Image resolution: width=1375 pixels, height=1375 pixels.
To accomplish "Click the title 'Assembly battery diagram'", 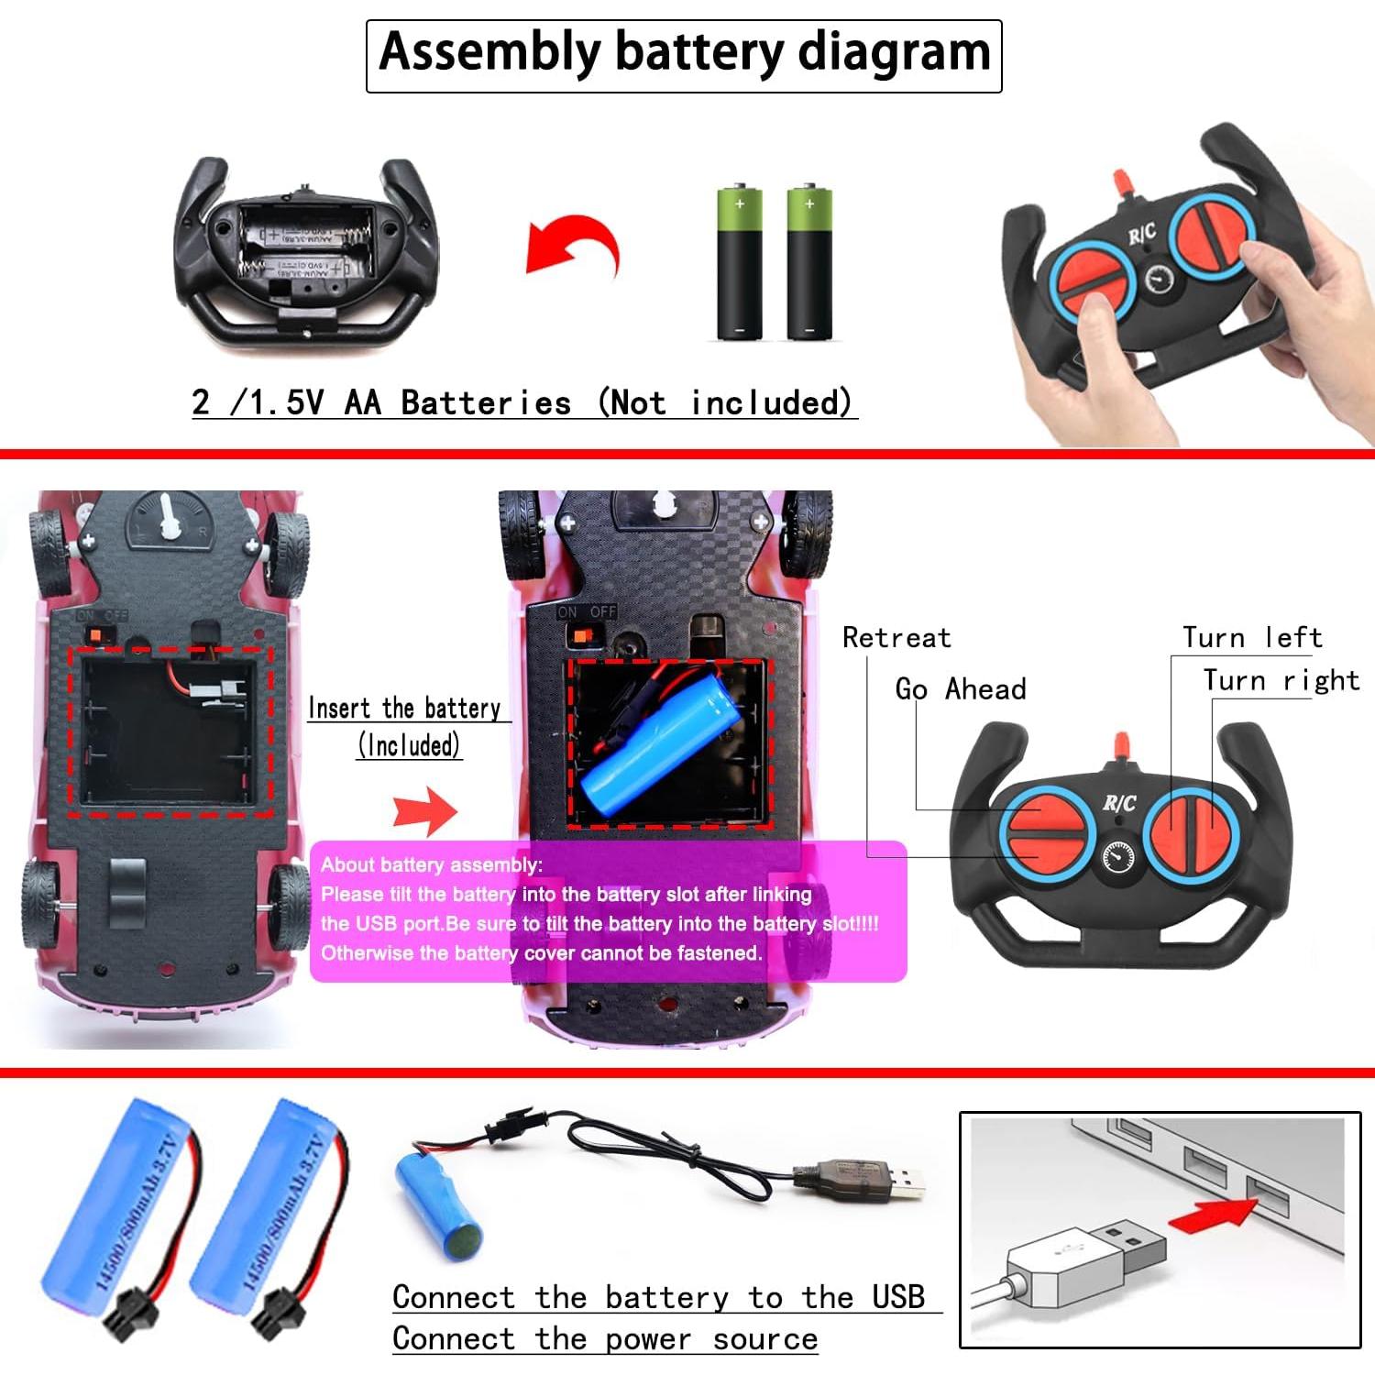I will point(684,53).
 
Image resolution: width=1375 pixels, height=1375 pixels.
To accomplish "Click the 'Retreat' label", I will point(896,638).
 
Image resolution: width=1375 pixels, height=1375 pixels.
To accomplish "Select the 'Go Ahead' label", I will point(960,689).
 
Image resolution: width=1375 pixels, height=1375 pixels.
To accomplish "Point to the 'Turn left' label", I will point(1251,638).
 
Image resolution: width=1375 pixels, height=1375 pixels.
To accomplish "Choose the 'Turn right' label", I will point(1281,681).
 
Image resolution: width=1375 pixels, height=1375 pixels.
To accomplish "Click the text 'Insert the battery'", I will point(404,709).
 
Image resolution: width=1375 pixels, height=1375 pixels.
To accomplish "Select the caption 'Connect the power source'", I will point(604,1339).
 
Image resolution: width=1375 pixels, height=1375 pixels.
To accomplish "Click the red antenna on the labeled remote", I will point(1119,744).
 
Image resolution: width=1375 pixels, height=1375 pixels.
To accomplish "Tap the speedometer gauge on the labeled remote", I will point(1117,857).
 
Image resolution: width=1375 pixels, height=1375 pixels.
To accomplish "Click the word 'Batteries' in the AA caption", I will point(486,403).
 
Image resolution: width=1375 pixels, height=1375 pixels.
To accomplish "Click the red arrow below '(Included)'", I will point(424,810).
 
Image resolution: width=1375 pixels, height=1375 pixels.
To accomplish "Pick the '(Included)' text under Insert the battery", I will point(409,745).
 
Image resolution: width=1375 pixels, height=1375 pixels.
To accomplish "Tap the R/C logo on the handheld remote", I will point(1141,235).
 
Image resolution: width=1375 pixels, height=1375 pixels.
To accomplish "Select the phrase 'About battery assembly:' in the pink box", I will point(431,864).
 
